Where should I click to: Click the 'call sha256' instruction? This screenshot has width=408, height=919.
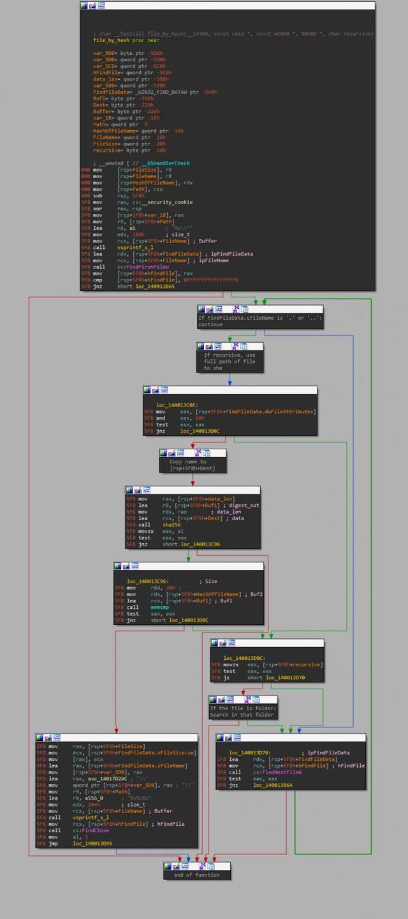coord(159,525)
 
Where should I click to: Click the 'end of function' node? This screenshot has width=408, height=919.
coord(198,875)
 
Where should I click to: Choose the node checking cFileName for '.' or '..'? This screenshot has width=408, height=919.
coord(259,320)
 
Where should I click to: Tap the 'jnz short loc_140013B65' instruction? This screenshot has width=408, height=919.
coord(146,287)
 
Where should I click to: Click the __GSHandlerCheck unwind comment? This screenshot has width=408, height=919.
coord(141,163)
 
